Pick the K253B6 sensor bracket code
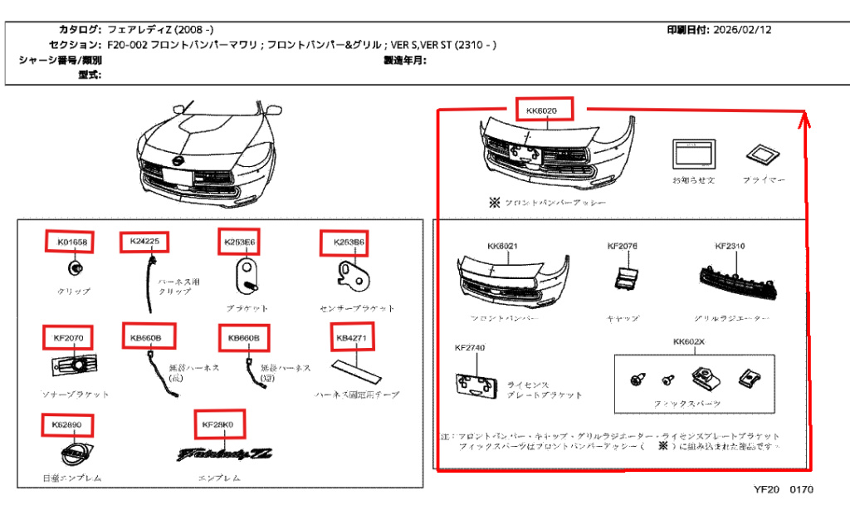(x=344, y=243)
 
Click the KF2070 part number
(x=69, y=338)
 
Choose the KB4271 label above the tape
(x=351, y=338)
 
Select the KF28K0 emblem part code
(x=219, y=424)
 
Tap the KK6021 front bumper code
(x=503, y=246)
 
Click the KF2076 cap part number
(x=623, y=246)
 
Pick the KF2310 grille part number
(x=730, y=246)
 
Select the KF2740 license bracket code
(x=470, y=347)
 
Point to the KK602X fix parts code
(x=689, y=341)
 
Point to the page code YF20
(x=766, y=489)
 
